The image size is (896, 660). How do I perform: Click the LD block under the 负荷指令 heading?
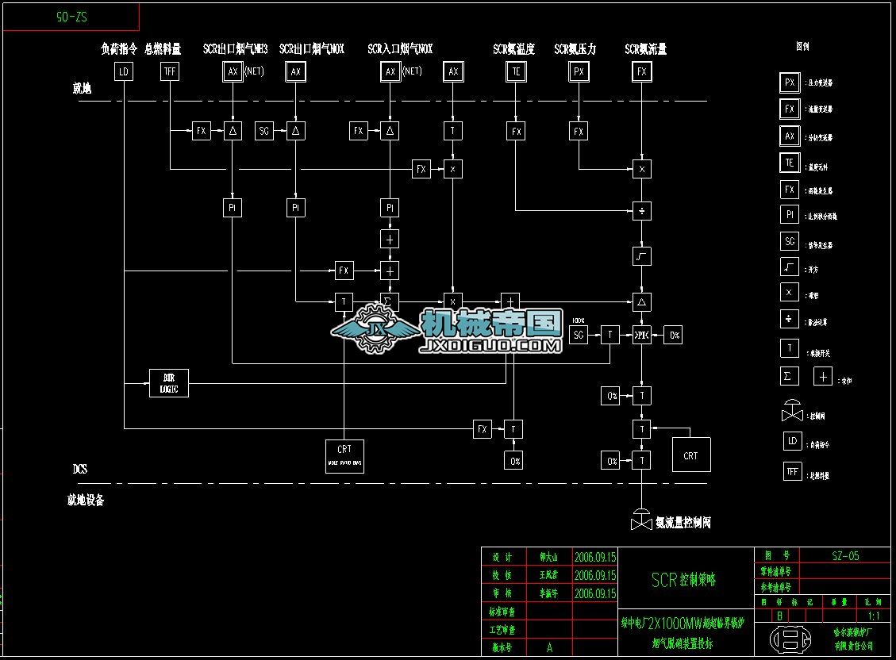point(124,72)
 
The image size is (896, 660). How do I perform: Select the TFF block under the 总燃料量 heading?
point(170,72)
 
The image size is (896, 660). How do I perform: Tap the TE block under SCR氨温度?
point(516,72)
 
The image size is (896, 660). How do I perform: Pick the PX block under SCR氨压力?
point(579,72)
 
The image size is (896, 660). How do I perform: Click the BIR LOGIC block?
point(169,383)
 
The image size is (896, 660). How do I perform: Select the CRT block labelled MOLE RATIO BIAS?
point(344,456)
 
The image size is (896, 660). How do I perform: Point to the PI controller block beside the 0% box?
point(641,335)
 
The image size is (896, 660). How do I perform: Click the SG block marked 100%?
point(579,335)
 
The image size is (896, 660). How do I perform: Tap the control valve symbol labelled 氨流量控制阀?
point(641,520)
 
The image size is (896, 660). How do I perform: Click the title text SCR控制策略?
point(683,580)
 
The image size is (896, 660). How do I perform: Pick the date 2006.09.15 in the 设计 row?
point(594,557)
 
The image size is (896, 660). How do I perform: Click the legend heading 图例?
point(802,47)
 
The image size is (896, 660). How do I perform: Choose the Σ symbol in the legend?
point(790,375)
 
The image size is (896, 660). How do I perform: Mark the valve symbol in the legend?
point(791,412)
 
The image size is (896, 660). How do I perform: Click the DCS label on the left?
point(80,470)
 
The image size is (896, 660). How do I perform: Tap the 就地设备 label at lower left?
point(86,500)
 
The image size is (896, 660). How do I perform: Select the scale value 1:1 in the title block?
point(874,616)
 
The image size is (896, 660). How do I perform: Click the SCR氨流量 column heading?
point(645,49)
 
